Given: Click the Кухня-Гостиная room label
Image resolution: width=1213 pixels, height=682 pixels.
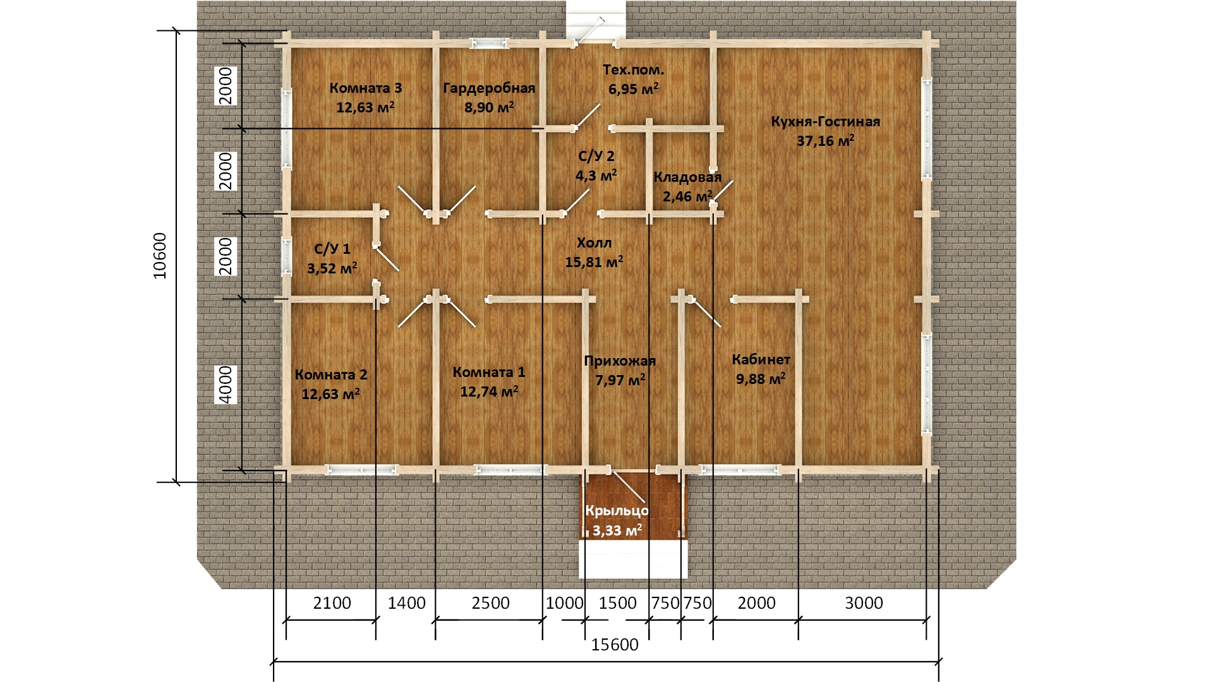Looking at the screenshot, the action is (825, 121).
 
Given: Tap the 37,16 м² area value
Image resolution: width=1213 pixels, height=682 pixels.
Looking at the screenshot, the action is (825, 141).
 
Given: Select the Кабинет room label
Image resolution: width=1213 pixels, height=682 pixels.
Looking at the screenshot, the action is (761, 360).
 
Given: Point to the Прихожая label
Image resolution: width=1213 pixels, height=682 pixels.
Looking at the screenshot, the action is (620, 361).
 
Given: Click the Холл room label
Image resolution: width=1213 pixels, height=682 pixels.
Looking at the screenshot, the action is (594, 243).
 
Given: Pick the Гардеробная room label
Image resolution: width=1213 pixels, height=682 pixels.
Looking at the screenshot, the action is (489, 88).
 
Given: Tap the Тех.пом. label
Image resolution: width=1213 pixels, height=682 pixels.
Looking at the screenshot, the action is (633, 70).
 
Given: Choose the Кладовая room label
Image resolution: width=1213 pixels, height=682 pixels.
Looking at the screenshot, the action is (687, 177).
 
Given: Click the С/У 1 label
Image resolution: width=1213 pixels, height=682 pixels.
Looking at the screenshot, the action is (332, 249).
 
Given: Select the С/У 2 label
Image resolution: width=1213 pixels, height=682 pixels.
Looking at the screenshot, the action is (596, 156).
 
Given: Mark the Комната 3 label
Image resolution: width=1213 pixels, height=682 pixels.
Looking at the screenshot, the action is (366, 88).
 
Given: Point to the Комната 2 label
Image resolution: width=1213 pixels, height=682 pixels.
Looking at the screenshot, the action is (331, 375).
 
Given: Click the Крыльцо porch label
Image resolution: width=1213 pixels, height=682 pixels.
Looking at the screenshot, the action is (617, 512).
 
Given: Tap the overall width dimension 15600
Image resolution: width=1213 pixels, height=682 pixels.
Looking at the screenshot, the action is (615, 645).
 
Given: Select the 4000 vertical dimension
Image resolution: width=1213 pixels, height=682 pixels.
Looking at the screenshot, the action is (226, 385).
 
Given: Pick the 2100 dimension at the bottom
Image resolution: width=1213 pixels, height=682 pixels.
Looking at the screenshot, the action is (332, 603).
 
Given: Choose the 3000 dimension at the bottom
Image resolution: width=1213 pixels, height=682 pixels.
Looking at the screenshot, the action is (864, 603).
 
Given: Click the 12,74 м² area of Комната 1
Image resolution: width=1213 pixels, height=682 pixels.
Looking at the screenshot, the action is (489, 392).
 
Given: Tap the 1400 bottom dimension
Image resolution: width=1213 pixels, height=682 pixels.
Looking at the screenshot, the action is (407, 603).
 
